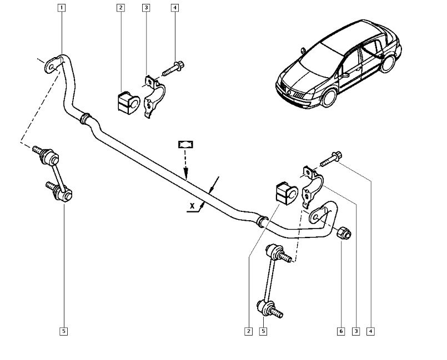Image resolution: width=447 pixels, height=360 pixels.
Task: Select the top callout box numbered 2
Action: pos(120,8)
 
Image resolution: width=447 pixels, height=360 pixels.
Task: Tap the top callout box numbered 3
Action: pos(146,8)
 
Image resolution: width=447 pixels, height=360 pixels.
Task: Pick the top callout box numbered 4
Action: pos(175,8)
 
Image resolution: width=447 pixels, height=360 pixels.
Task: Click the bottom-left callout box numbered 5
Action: pos(64,332)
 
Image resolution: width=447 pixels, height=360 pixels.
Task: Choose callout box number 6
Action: pos(340,332)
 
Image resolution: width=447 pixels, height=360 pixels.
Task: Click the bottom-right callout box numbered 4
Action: pos(370,332)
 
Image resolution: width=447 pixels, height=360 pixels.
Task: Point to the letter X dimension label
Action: pos(192,206)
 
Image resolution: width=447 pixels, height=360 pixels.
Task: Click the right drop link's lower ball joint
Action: pos(265,306)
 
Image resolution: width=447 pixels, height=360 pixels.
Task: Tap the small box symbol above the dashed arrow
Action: pos(185,144)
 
